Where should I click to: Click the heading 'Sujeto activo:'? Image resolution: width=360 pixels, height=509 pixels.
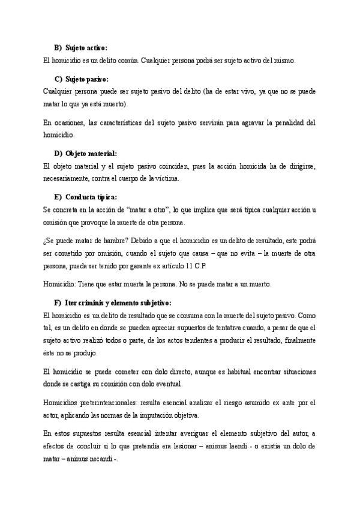tap(86, 47)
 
